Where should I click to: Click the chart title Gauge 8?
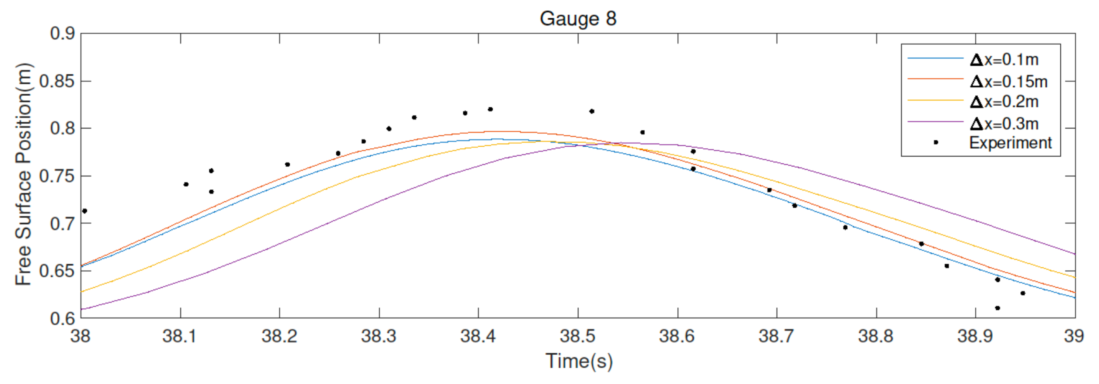578,18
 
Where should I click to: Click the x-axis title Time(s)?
579,361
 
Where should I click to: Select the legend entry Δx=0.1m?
1004,59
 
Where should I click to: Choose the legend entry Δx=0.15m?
1009,81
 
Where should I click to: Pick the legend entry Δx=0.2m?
1004,102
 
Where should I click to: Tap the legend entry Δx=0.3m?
1004,123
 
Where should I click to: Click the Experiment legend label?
1010,143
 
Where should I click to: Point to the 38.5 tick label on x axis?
578,336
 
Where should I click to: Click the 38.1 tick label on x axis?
180,336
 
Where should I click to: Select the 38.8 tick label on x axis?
876,336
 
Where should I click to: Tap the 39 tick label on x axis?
1073,336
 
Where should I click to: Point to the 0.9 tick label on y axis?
62,33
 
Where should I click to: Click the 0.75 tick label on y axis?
57,176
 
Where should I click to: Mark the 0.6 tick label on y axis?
62,319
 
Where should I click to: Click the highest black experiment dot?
490,110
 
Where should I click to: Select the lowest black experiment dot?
997,308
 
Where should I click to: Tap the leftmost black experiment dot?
85,211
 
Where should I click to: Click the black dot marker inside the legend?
936,142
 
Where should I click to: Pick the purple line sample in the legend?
935,122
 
